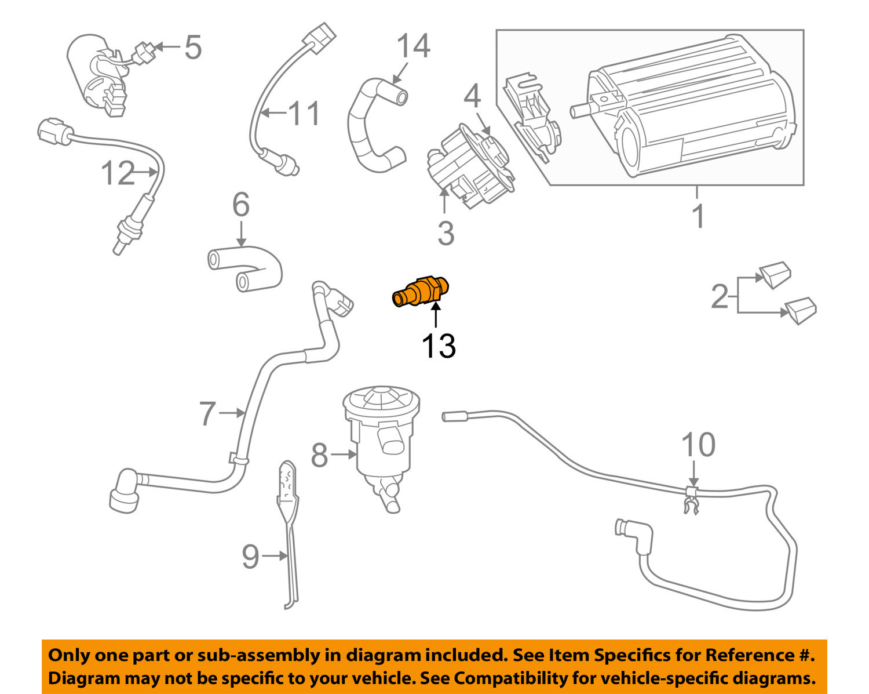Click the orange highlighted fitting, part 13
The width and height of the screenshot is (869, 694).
click(421, 291)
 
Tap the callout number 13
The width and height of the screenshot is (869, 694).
click(438, 346)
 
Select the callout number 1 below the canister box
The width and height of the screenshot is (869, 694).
click(699, 216)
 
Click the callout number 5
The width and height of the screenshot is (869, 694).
click(192, 47)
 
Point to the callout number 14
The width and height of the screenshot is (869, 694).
click(414, 46)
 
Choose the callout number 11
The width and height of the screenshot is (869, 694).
click(304, 113)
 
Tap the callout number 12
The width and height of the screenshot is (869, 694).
click(118, 173)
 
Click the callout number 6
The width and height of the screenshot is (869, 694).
click(240, 205)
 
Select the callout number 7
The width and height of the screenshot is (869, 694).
click(207, 413)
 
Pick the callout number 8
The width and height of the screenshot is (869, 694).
click(320, 455)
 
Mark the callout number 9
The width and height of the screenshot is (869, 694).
click(250, 557)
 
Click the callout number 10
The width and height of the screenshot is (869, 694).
click(698, 445)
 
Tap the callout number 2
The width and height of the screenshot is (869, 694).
click(719, 296)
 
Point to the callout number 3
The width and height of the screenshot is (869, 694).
click(446, 232)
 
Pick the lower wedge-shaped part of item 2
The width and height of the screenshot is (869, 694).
click(800, 310)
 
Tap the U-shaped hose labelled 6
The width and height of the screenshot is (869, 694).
click(246, 268)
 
